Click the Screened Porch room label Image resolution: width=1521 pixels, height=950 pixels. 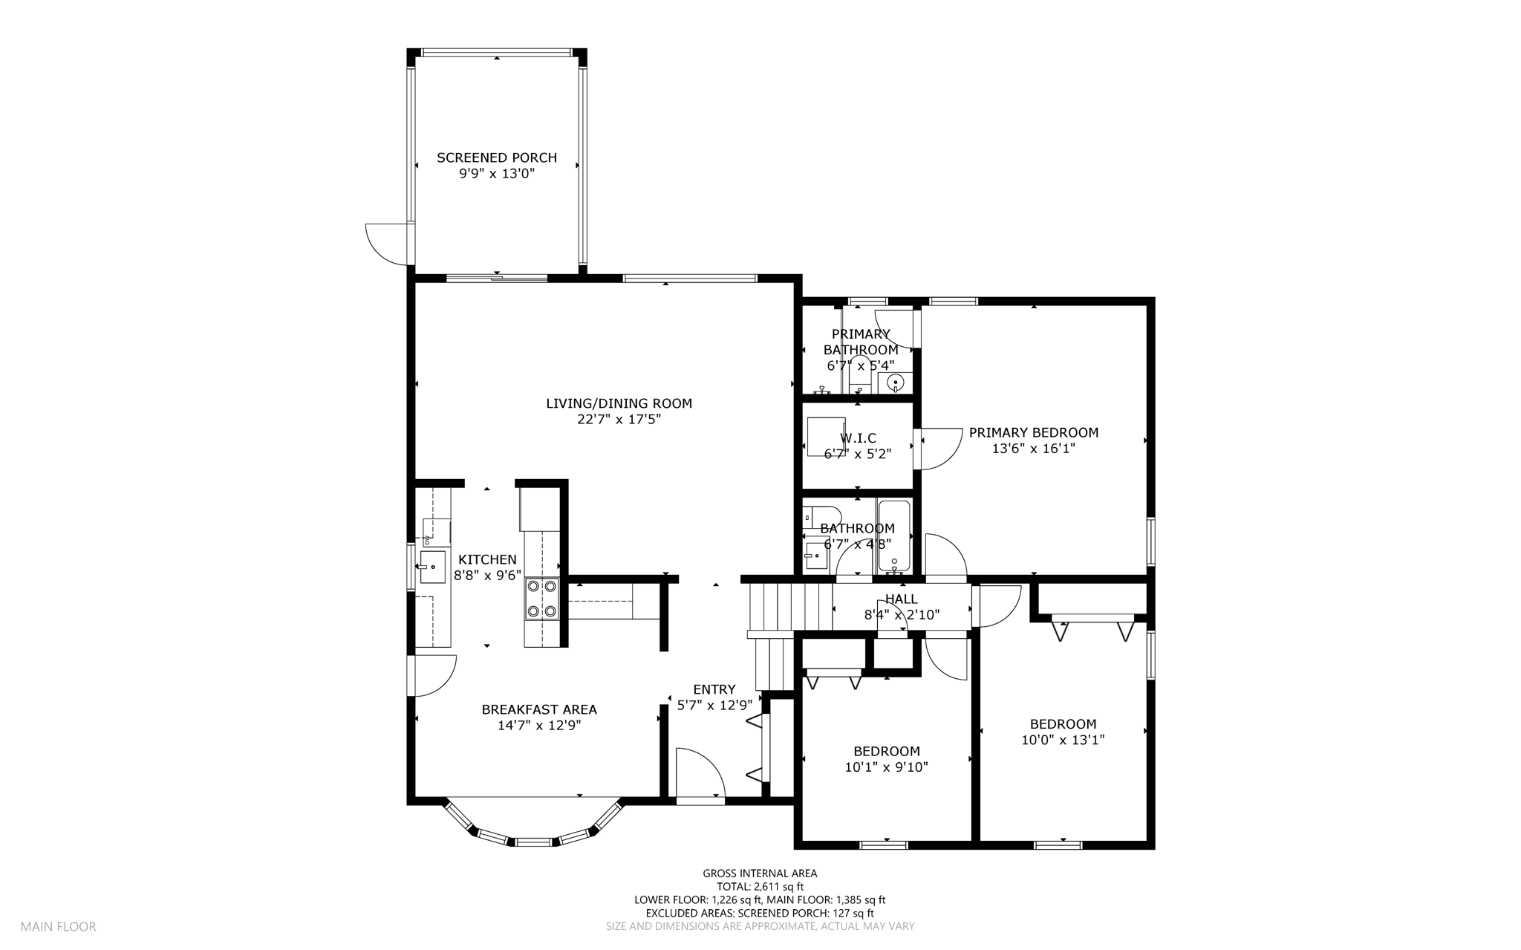497,157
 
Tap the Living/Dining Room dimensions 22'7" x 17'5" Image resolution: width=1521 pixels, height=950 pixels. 619,420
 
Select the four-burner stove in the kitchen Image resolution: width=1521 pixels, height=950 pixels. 542,599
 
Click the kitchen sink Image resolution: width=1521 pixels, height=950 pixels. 432,567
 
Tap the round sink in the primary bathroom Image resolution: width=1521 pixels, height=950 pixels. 896,383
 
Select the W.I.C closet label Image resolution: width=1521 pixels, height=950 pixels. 858,438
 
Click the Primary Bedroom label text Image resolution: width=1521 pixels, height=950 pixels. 1034,432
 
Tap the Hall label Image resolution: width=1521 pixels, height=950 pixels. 902,599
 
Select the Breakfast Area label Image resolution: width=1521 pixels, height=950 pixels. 539,709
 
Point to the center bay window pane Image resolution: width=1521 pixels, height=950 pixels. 534,842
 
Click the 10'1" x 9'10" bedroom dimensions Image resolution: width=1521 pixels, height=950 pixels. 887,767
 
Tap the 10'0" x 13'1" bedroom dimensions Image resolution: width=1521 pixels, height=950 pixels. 1063,740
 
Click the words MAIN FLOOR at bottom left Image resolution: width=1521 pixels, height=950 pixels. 58,926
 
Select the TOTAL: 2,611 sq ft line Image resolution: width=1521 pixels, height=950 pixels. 760,886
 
